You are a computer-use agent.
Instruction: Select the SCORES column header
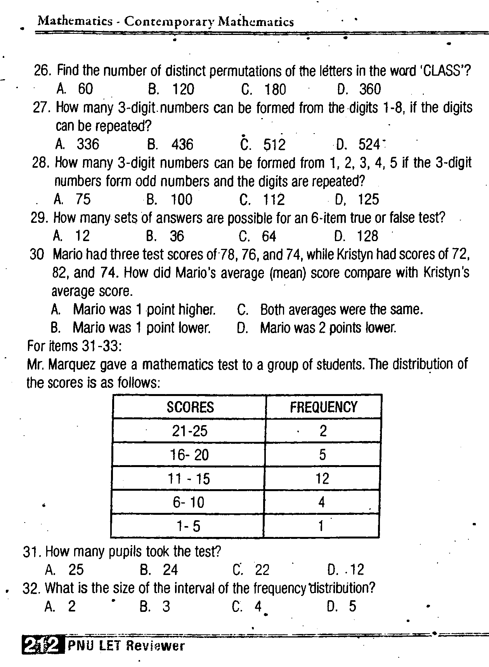point(190,407)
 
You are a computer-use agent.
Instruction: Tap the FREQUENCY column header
point(323,407)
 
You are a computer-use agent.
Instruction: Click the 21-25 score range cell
point(190,431)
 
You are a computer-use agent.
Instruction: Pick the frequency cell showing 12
point(322,479)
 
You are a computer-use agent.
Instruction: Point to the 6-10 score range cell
point(189,502)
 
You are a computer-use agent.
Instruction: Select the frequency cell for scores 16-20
point(323,455)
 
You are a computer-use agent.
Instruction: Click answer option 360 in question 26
point(370,89)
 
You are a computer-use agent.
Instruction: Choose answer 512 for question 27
point(274,145)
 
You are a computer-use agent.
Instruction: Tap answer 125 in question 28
point(368,200)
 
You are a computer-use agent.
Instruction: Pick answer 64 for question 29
point(269,236)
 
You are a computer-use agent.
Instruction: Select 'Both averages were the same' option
point(341,310)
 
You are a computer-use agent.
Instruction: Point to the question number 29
point(39,218)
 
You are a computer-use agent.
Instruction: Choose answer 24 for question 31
point(170,570)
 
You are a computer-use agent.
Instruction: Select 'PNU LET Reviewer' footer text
point(126,646)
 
